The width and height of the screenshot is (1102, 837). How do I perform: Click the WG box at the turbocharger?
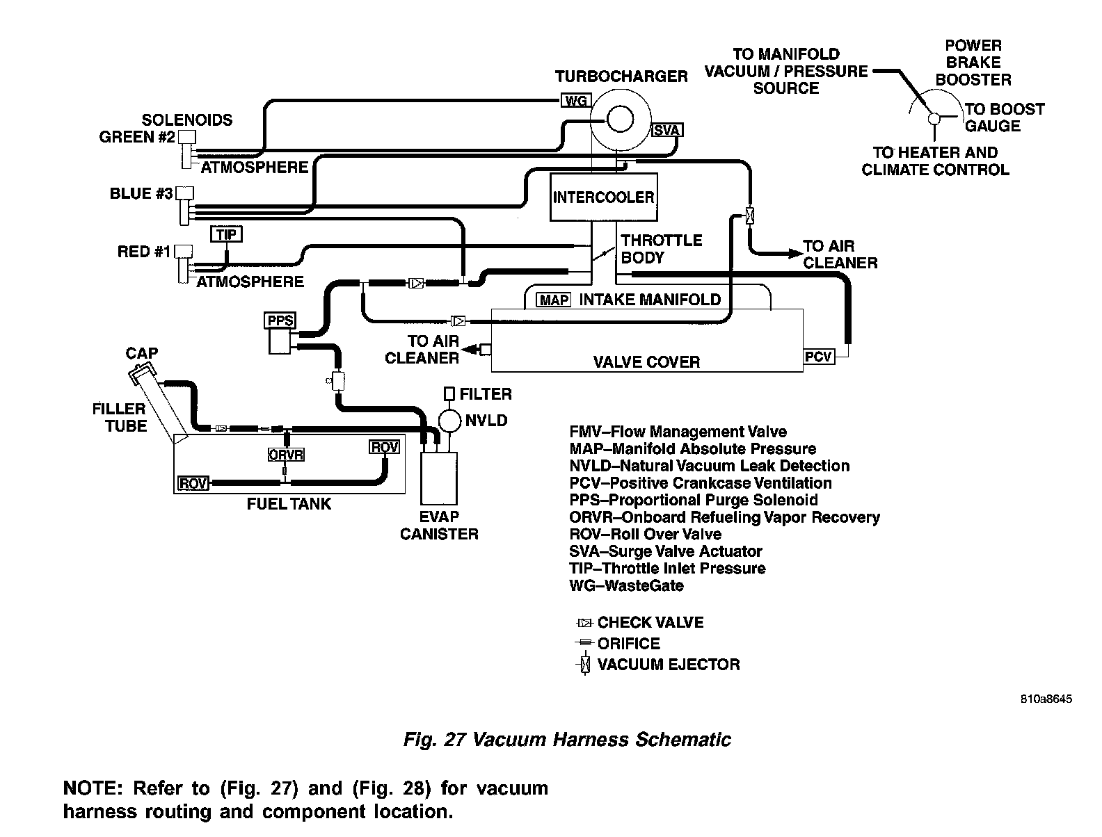click(575, 101)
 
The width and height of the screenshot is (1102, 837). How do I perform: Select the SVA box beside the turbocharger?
click(667, 130)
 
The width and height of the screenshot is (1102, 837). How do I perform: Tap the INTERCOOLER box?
click(603, 197)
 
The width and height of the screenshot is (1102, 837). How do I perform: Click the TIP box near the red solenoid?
click(226, 234)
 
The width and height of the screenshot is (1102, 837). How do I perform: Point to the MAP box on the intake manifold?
click(554, 300)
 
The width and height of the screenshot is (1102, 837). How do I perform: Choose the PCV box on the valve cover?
click(818, 357)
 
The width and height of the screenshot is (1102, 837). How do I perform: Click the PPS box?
click(280, 320)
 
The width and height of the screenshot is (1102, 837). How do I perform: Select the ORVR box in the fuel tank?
click(286, 455)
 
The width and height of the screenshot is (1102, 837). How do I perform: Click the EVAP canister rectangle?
click(439, 478)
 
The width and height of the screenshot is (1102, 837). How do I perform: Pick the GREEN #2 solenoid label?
click(136, 137)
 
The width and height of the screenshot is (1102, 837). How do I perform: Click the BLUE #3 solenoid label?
click(141, 194)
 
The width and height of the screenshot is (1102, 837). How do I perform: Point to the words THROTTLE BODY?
click(661, 249)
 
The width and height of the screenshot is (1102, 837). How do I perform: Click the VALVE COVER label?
click(646, 362)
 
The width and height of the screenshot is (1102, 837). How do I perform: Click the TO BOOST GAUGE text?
click(1003, 117)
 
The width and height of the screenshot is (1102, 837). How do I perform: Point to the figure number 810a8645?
click(1046, 699)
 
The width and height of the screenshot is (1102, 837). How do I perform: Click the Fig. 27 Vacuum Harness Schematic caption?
click(567, 739)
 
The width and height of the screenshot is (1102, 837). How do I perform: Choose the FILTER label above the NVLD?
click(485, 394)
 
